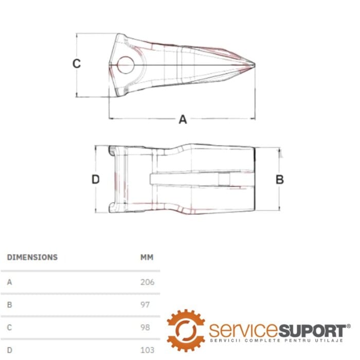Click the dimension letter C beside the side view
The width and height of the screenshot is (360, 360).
pyautogui.click(x=77, y=64)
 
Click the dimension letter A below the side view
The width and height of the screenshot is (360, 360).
pyautogui.click(x=183, y=119)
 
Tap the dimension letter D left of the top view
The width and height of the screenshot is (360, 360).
pyautogui.click(x=96, y=179)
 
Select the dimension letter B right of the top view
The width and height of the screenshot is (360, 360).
pyautogui.click(x=280, y=179)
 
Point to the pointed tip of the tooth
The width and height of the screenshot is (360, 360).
pyautogui.click(x=255, y=65)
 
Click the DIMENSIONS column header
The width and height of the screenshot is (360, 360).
pyautogui.click(x=32, y=257)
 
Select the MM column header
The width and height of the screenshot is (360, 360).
pyautogui.click(x=147, y=257)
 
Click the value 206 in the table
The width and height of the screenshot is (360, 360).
pyautogui.click(x=148, y=282)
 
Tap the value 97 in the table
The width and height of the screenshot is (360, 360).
pyautogui.click(x=145, y=304)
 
